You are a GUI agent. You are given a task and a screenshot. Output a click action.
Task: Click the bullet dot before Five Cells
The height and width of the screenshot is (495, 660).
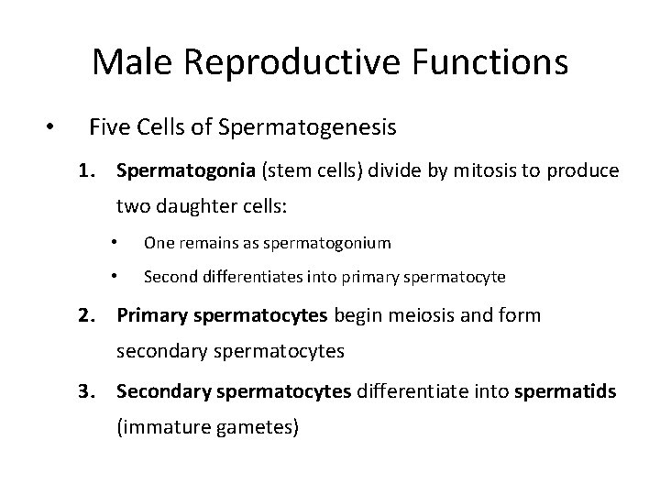pyautogui.click(x=53, y=126)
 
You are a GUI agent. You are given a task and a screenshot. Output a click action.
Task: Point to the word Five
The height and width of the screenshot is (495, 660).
pyautogui.click(x=110, y=126)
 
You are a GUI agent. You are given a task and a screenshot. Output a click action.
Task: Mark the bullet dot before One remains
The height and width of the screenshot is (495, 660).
pyautogui.click(x=114, y=243)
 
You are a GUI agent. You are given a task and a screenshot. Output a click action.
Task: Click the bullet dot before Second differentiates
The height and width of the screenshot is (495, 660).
pyautogui.click(x=114, y=276)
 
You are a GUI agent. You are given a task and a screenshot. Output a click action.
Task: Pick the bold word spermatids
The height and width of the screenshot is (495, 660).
pyautogui.click(x=565, y=392)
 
